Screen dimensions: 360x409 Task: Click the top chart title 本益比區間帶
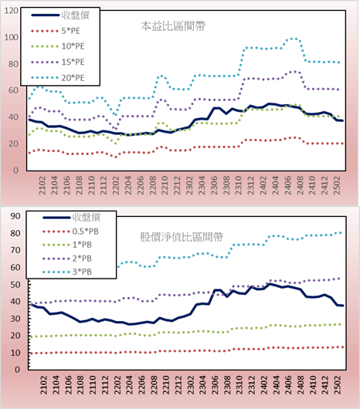173,26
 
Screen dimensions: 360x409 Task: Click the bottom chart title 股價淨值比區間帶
182,237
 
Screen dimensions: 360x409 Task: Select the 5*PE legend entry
56,31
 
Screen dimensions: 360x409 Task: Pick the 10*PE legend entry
58,46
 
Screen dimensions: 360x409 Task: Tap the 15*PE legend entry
58,62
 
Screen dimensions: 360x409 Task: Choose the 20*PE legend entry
58,78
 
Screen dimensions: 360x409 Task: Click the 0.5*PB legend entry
70,232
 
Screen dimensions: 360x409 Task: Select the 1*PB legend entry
67,245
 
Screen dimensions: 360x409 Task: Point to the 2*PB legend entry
67,259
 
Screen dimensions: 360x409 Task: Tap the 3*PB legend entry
67,272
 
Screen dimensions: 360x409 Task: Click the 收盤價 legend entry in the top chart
60,15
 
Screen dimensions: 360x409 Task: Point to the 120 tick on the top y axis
12,11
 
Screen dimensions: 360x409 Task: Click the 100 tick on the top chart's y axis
12,37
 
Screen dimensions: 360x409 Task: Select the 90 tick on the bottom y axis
15,216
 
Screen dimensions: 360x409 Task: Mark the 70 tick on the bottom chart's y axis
15,250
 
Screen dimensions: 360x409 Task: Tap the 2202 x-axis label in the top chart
116,185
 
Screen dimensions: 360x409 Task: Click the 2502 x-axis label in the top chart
338,185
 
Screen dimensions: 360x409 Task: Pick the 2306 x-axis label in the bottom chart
215,385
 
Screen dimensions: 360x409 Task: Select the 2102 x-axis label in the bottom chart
43,385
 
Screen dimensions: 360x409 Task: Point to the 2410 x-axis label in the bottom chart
313,385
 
